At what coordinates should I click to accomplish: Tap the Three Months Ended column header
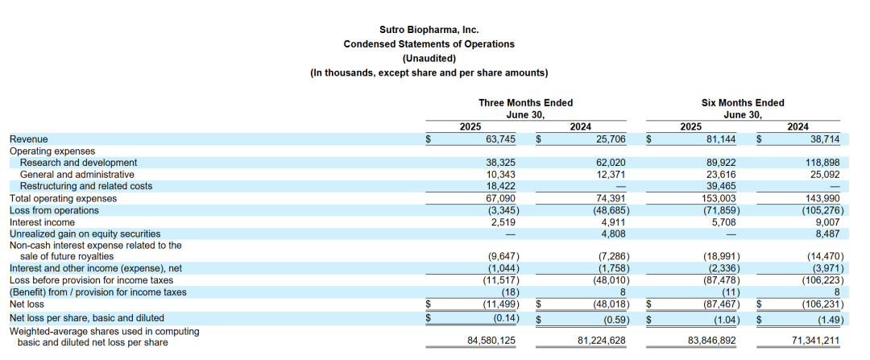[525, 103]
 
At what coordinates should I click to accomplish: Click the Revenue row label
[28, 139]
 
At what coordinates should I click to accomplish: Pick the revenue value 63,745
[499, 139]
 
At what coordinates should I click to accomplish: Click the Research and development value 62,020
[609, 163]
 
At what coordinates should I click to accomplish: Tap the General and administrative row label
[77, 175]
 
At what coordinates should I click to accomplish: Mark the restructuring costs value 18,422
[500, 186]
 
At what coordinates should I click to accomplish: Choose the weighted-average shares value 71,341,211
[815, 341]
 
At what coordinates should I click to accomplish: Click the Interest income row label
[42, 222]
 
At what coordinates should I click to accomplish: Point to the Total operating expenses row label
[63, 198]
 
